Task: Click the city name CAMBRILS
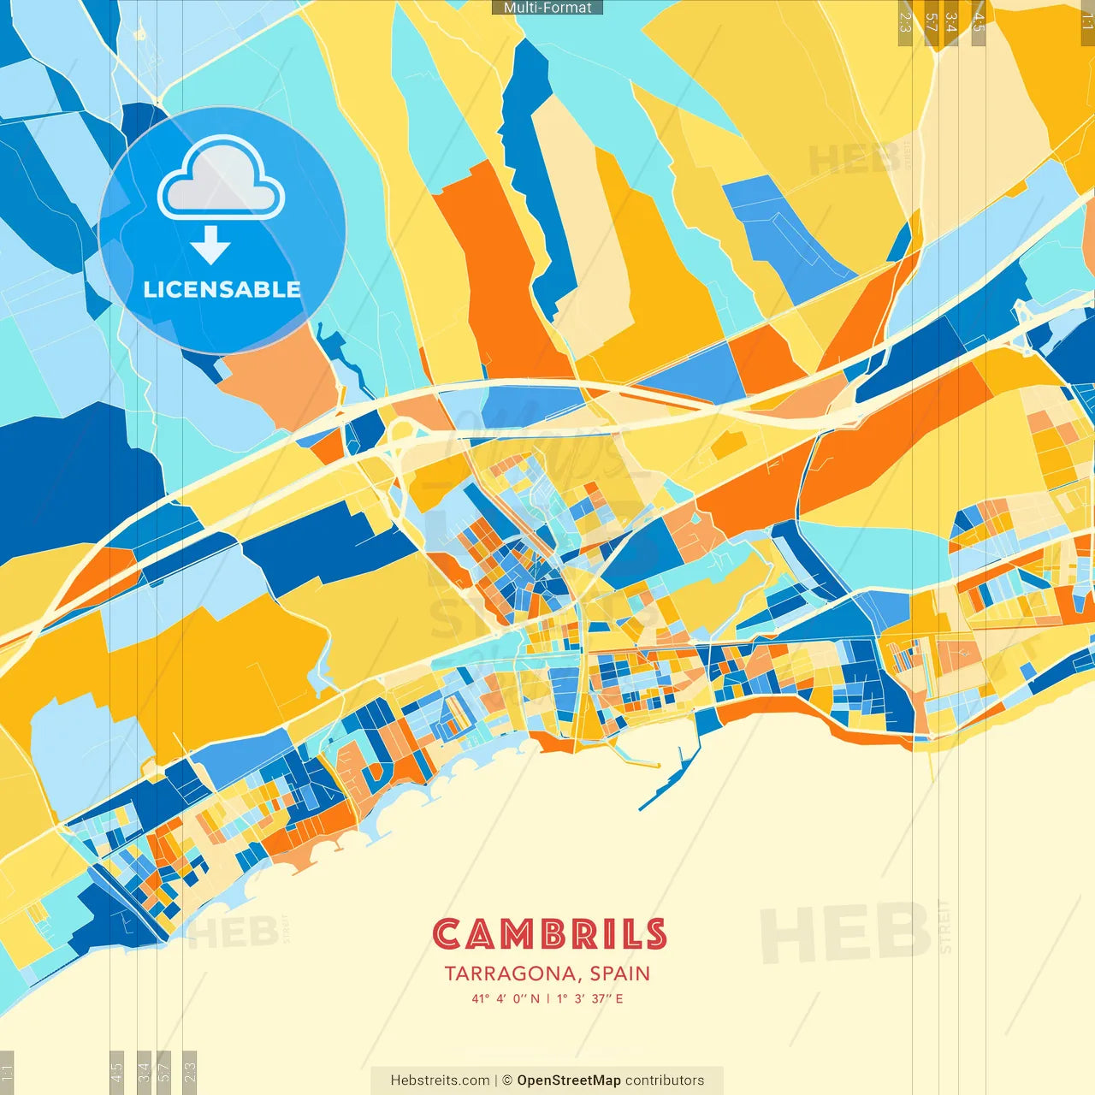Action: coord(548,934)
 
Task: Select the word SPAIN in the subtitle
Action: coord(619,974)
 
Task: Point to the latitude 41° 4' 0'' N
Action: coord(506,998)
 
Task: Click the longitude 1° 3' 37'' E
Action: coord(590,998)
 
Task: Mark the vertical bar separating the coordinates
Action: coord(547,998)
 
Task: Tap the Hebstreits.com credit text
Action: coord(440,1080)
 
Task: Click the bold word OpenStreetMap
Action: coord(569,1080)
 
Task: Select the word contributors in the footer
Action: coord(665,1080)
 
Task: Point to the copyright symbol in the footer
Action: coord(506,1080)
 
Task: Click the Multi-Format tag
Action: coord(547,8)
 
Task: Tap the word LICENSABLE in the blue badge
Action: coord(222,289)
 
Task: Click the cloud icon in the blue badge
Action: coord(222,180)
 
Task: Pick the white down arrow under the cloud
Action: coord(210,246)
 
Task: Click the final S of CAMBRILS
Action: coord(655,934)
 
